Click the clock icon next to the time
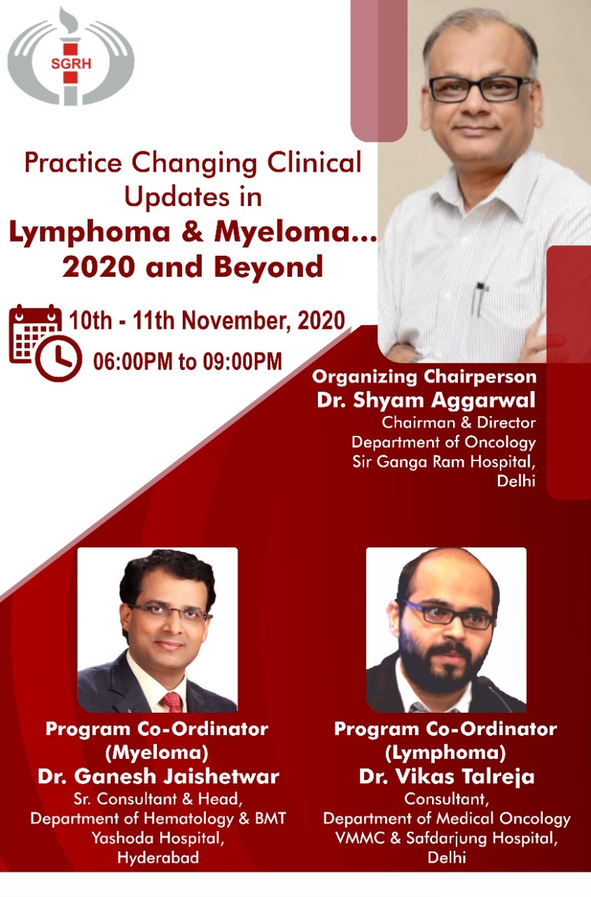pyautogui.click(x=58, y=359)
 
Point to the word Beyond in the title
pyautogui.click(x=268, y=267)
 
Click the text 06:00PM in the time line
pyautogui.click(x=134, y=361)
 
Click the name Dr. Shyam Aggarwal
pyautogui.click(x=426, y=400)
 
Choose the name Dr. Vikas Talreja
pyautogui.click(x=447, y=776)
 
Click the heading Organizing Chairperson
pyautogui.click(x=424, y=377)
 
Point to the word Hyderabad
pyautogui.click(x=158, y=858)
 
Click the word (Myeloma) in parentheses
pyautogui.click(x=157, y=753)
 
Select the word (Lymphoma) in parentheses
pyautogui.click(x=445, y=753)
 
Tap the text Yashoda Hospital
pyautogui.click(x=158, y=838)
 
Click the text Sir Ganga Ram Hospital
pyautogui.click(x=444, y=462)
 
